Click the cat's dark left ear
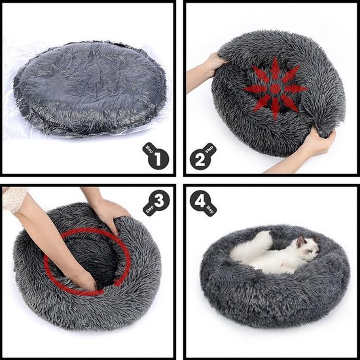[302, 241]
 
